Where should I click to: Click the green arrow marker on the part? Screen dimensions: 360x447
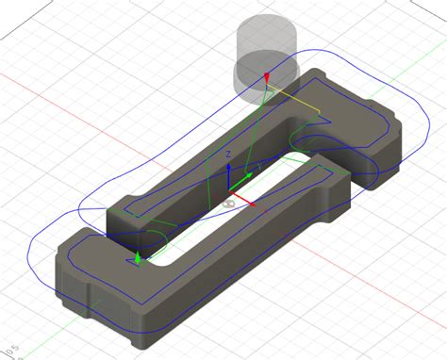click(138, 256)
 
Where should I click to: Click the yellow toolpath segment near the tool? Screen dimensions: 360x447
click(292, 96)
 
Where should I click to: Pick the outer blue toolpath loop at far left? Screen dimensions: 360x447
click(33, 254)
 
